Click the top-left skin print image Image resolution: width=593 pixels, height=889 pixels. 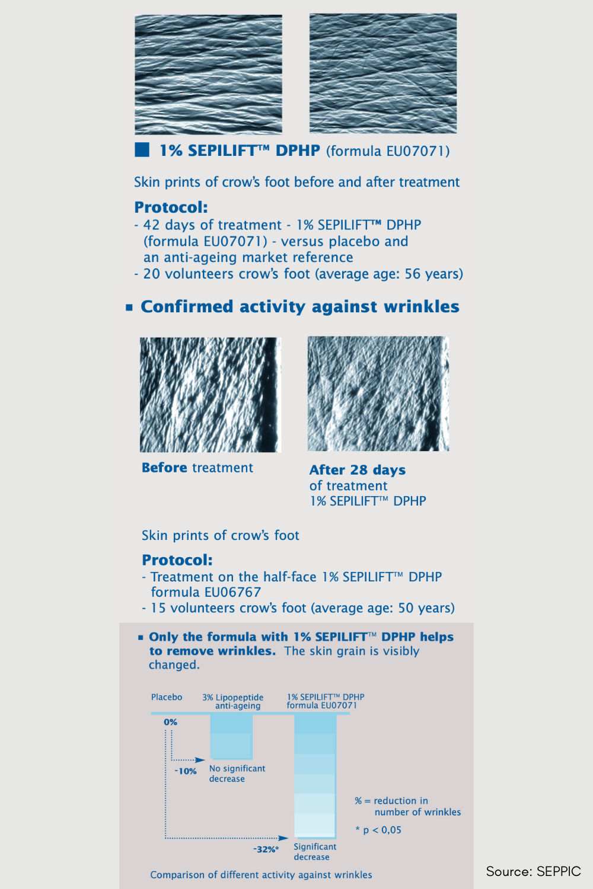(x=208, y=74)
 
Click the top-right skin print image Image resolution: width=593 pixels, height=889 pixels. (x=383, y=73)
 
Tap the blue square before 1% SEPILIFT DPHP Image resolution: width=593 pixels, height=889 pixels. (x=142, y=149)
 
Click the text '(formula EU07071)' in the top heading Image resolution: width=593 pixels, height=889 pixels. (x=388, y=151)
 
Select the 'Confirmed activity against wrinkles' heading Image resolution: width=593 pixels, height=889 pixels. (x=299, y=306)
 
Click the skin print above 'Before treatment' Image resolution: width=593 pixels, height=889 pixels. (x=210, y=395)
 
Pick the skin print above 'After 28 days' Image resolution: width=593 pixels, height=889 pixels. (x=378, y=394)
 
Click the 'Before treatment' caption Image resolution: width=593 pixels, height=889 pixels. (x=197, y=468)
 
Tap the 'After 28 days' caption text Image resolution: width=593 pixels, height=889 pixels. (x=358, y=470)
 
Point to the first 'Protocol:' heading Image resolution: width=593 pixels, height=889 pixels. (x=171, y=207)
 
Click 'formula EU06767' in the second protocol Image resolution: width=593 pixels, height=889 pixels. (x=206, y=592)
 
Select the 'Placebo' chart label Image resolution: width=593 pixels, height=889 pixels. (x=167, y=697)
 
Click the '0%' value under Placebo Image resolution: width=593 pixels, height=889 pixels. (x=171, y=722)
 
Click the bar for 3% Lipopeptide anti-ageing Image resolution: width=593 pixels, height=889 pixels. (x=231, y=737)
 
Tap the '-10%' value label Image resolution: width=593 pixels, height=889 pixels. (x=186, y=771)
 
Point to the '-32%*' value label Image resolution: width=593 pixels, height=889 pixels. (x=266, y=849)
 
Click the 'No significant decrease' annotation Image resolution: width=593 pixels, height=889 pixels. (x=237, y=773)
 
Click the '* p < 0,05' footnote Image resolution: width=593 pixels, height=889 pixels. (x=378, y=830)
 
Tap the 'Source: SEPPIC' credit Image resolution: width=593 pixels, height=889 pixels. (x=533, y=871)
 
